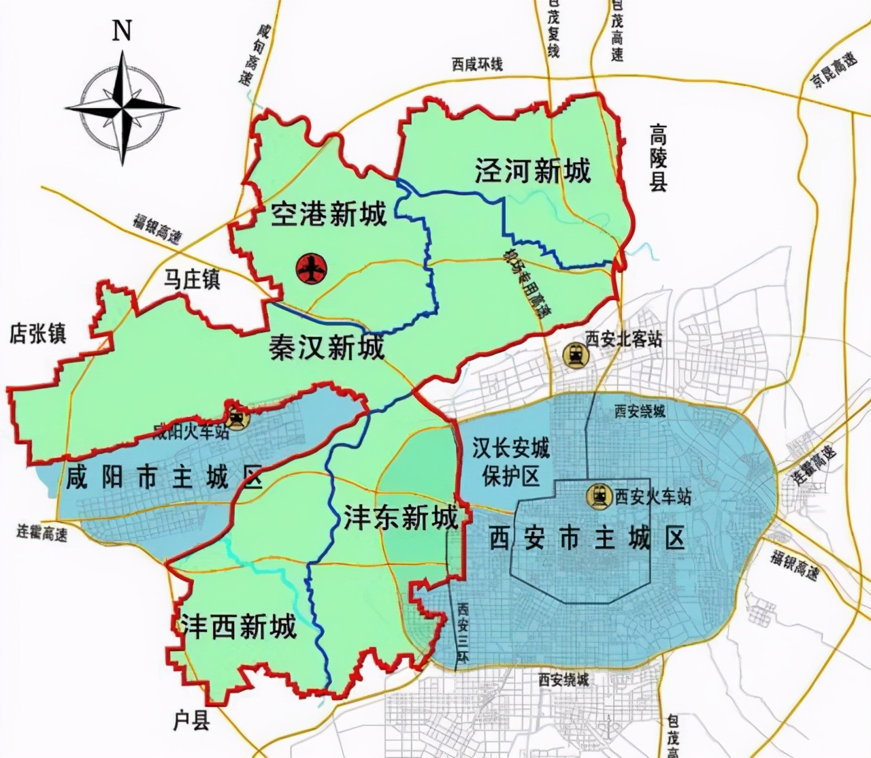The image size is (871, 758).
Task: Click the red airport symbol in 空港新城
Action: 311,268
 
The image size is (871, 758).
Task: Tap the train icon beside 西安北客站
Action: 576,355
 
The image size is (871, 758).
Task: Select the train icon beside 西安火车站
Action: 599,496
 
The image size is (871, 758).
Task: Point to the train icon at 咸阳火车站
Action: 237,418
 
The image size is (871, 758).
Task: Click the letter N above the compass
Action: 121,31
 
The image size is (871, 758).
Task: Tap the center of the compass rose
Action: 123,108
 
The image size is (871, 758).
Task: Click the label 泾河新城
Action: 533,171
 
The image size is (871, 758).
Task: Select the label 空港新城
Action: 329,214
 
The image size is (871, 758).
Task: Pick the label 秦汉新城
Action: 327,348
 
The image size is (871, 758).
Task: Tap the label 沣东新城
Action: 400,518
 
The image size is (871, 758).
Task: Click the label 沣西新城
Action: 238,626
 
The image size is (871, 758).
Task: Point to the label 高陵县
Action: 658,158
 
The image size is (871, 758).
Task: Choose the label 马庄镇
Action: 192,279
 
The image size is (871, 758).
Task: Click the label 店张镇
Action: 38,333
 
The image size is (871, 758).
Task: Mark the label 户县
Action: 191,721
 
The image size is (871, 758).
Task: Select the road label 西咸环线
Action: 477,65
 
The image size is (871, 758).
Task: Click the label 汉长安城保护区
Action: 510,462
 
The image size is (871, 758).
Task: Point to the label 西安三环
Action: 463,633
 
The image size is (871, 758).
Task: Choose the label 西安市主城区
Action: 587,539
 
